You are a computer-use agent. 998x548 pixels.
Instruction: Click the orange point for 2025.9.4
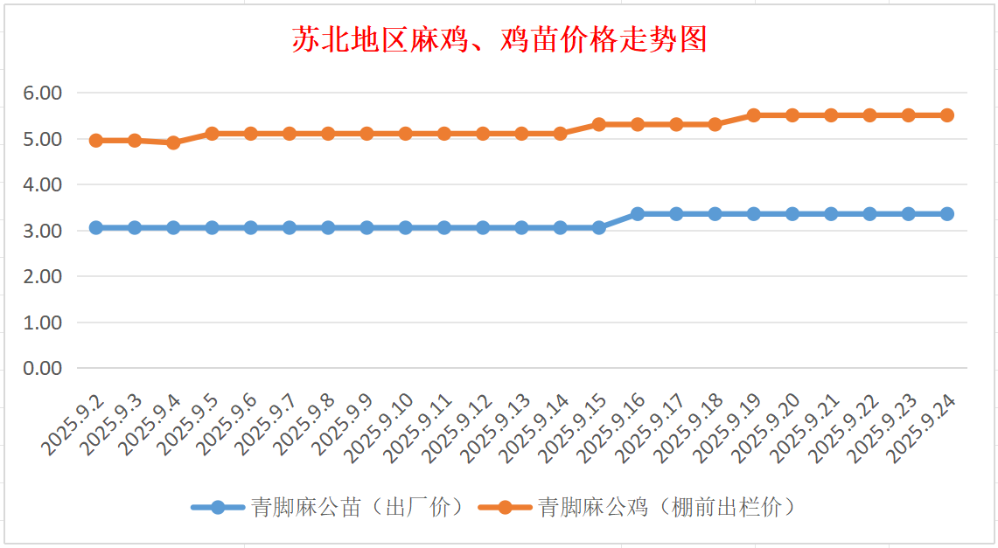coord(173,142)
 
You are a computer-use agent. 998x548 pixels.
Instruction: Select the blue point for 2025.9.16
coord(638,214)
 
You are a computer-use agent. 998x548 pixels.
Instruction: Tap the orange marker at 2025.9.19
coord(754,115)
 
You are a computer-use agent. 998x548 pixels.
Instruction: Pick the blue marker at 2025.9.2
coord(96,227)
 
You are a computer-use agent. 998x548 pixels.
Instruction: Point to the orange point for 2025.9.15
coord(599,124)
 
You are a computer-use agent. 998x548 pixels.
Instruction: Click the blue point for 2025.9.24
coord(947,214)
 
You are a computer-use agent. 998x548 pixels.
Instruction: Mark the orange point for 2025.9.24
coord(947,115)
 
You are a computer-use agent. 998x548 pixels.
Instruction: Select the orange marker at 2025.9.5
coord(212,134)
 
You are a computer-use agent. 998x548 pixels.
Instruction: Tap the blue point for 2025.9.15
coord(599,227)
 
